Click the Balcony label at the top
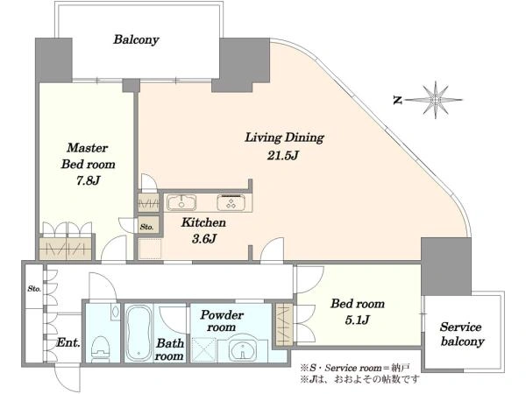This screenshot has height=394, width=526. pos(136,39)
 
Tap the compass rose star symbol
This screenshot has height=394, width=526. pos(436,100)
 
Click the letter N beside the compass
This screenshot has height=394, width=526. pos(398,100)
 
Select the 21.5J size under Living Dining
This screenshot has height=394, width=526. pos(282,156)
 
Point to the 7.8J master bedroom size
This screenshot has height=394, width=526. pos(88,180)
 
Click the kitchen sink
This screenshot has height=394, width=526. pos(181,203)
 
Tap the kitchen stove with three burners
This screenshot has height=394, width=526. pos(231,202)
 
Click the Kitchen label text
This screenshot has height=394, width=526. pos(203,222)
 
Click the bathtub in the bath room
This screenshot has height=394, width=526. pos(139,333)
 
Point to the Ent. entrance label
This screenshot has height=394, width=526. pos(68,342)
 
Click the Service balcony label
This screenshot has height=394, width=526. pos(462,334)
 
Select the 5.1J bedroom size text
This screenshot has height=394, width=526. pos(358,320)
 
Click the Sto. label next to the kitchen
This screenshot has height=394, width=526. pos(147,227)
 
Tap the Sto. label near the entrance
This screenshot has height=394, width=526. pos(34,288)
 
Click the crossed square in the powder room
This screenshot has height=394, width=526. pos(204,349)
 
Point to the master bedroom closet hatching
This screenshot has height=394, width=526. pos(66,249)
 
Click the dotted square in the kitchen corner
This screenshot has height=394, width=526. pos(150,249)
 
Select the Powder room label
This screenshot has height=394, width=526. pos(222,320)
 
